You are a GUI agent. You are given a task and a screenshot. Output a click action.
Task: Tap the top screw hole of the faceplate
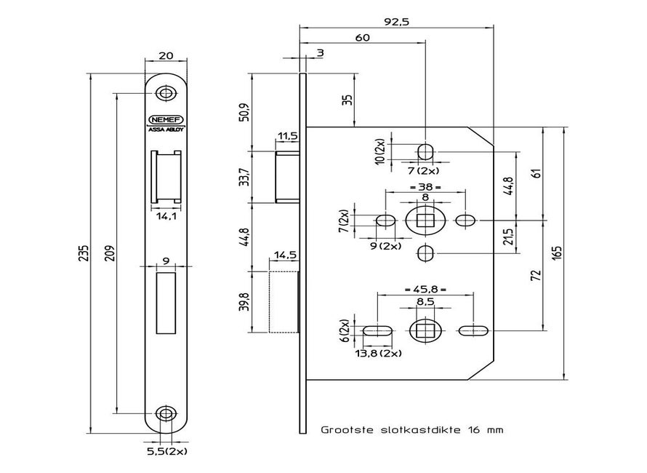click(x=167, y=93)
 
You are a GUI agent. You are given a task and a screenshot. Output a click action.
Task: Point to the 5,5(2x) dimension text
click(x=168, y=451)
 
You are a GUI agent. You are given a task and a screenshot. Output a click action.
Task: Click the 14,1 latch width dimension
click(x=166, y=215)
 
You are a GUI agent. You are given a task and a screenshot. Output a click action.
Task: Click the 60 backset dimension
click(x=364, y=37)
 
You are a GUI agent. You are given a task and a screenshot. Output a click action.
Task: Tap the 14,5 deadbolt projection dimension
click(x=284, y=255)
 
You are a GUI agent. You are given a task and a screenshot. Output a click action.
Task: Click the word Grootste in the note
click(x=346, y=430)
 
